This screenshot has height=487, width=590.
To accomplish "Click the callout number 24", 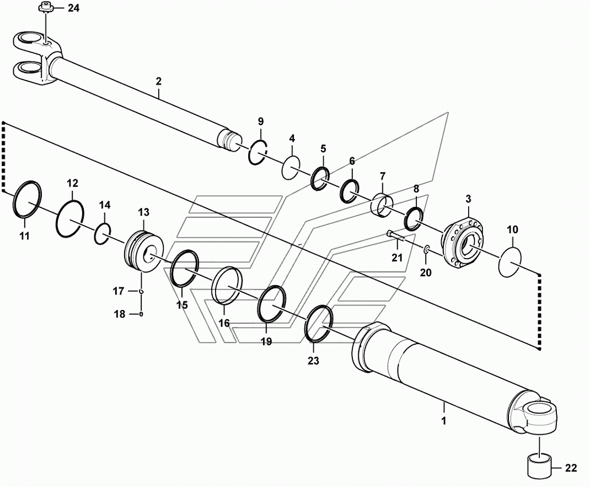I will pos(73,8).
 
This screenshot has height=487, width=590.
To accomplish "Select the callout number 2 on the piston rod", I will pos(158,81).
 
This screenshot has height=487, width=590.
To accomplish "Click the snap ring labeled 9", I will pos(258,152).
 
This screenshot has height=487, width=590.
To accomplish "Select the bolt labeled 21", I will pos(396,237).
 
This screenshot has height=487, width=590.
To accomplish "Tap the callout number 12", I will pos(73,183).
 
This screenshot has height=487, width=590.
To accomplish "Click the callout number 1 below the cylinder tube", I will pos(443,421).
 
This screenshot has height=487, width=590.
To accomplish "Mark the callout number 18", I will pos(120,314).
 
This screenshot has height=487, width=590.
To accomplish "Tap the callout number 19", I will pos(266,342).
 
